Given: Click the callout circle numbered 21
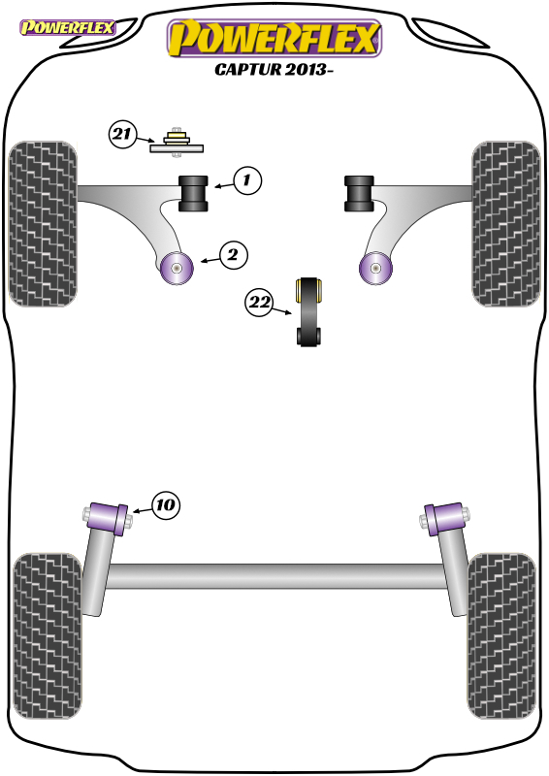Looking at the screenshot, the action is click(122, 134).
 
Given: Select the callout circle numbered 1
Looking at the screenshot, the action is click(247, 180).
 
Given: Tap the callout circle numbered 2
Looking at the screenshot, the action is click(233, 255).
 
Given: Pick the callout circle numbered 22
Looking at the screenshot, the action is click(259, 302).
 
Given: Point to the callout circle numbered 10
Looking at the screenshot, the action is click(165, 505).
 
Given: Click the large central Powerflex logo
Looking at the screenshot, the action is click(274, 38).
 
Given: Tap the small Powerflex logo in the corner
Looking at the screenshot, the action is click(67, 27).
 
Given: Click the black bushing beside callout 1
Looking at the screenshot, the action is click(193, 193).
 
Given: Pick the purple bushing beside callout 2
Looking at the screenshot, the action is click(177, 268).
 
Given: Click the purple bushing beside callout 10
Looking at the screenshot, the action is click(108, 518).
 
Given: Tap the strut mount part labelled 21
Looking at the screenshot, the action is click(177, 143).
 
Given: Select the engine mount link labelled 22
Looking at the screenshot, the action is click(308, 311).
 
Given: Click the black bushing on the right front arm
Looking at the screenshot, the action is click(359, 193).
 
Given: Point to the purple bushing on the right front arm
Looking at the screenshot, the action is click(375, 268).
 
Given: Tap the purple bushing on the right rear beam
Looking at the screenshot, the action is click(445, 519).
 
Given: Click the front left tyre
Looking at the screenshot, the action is click(43, 224).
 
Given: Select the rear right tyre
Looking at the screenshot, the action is click(501, 636).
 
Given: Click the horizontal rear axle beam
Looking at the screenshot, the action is click(274, 576).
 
